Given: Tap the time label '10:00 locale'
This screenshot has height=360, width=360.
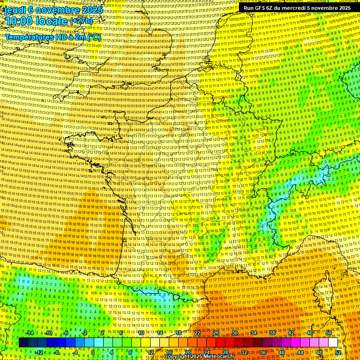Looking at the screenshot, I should click(37, 21).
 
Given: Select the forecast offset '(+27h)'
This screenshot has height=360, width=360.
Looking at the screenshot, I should click(81, 21).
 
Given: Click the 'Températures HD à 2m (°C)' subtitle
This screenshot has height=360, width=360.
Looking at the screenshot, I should click(53, 37).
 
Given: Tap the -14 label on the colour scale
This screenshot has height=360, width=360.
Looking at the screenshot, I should click(30, 333).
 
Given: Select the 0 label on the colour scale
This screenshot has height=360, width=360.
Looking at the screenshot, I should click(93, 352).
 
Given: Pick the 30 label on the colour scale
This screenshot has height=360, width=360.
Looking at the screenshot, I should click(234, 333).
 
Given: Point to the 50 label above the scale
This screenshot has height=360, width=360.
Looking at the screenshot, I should click(329, 333).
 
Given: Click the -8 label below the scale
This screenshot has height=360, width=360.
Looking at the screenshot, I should click(57, 352).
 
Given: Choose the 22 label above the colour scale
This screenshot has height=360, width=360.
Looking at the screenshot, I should click(197, 333).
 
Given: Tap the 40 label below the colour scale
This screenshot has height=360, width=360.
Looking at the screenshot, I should click(282, 352).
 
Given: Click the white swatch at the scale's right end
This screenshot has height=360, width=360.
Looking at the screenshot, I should click(333, 343).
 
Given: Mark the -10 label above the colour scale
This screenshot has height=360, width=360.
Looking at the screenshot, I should click(48, 333).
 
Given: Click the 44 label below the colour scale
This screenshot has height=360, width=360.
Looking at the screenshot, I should click(300, 352).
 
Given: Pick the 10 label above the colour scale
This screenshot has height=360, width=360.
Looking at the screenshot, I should click(141, 333).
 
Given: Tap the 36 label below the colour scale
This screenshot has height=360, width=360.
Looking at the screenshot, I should click(263, 352).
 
